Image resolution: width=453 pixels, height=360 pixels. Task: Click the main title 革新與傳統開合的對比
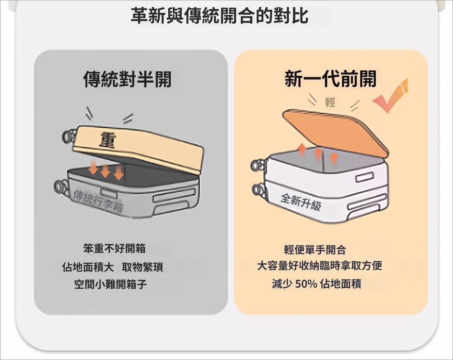pos(219,16)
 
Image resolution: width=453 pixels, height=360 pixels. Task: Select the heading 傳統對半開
pos(127,79)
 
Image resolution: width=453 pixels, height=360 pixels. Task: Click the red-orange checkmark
pos(391,96)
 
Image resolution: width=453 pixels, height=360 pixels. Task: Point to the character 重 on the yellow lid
pos(108,141)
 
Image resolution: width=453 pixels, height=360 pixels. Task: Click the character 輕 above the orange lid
pos(330,102)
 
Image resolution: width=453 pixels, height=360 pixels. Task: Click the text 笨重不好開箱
pos(114,248)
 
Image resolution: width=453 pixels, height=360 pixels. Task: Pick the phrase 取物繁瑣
pos(143,267)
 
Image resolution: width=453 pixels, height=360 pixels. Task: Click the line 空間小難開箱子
pos(110,285)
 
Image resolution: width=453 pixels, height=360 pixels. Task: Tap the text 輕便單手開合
pos(315,250)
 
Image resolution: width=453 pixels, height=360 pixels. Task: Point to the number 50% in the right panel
pos(306,284)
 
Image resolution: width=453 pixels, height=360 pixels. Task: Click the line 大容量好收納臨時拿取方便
pos(320,265)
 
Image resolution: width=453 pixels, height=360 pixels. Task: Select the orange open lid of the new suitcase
pos(335,132)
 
